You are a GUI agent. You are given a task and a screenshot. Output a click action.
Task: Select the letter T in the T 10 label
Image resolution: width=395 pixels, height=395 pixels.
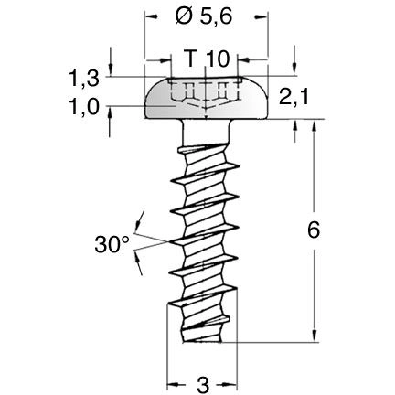click(x=190, y=59)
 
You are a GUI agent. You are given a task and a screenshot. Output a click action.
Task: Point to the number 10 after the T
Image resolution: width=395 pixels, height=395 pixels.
click(x=218, y=59)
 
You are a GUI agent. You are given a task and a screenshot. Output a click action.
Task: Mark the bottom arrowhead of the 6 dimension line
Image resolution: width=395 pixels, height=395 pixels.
click(x=313, y=337)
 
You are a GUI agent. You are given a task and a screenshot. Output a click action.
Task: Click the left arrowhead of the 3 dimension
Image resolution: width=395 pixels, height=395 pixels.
click(x=171, y=382)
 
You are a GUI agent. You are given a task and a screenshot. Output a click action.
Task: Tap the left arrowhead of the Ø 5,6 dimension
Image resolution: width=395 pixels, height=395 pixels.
click(x=149, y=16)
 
